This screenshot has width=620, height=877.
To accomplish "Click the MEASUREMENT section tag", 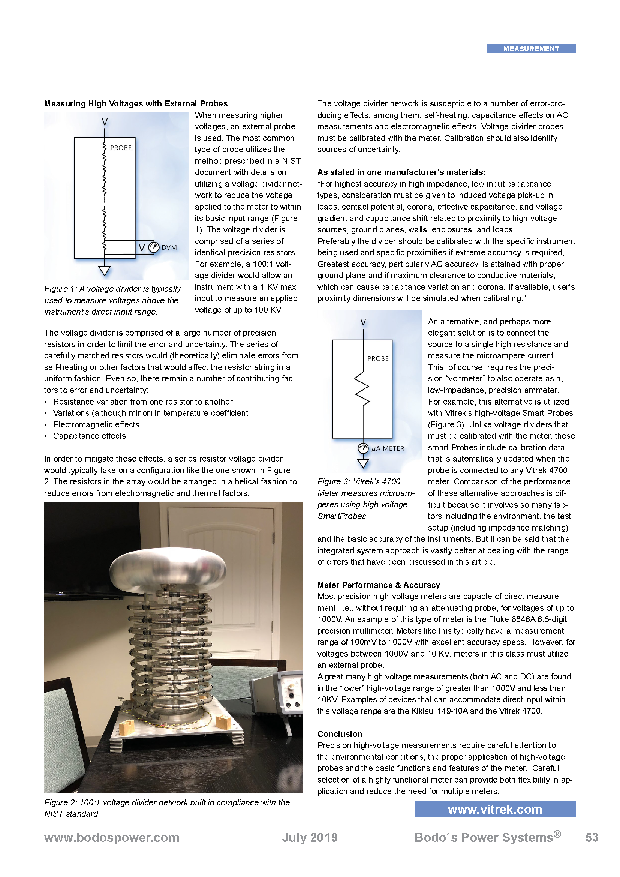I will coord(531,49).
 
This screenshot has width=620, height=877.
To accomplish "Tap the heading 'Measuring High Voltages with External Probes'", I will coord(136,103).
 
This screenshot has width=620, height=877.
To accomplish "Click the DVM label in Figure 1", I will coord(169,247).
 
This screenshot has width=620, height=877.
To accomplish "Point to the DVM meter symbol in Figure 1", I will coord(153,247).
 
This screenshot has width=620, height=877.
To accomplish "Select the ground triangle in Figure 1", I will coord(104,271).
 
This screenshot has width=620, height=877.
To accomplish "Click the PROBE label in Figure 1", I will coord(121,148).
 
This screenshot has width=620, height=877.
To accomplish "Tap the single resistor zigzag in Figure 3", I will coord(362,388).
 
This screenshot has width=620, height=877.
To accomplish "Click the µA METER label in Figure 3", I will coord(388,448).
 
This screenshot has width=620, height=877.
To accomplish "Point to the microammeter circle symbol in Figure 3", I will coord(363,448).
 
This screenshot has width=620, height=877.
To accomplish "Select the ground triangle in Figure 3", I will coord(363,463).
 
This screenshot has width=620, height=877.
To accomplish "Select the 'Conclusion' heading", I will coord(340,734).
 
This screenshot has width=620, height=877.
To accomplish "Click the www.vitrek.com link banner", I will coord(495,809).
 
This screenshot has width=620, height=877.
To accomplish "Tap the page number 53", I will coord(592,838).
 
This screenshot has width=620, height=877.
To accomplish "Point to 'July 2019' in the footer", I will coord(310,838).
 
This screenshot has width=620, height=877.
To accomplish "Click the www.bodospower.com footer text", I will coord(111,838).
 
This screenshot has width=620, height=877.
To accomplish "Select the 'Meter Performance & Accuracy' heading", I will coord(378,585).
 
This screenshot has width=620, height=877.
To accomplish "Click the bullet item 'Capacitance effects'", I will coord(89,436).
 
